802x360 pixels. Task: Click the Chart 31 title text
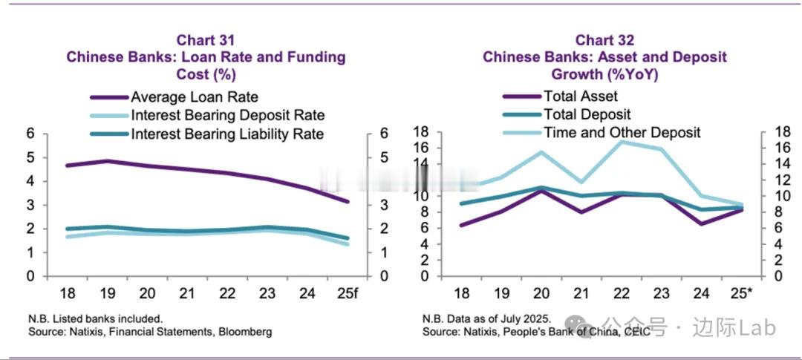point(206,39)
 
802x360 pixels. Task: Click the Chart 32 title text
point(604,39)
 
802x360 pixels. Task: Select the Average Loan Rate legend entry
point(195,96)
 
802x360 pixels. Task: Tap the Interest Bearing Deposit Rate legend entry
point(228,115)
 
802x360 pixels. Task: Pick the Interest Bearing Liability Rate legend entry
point(227,134)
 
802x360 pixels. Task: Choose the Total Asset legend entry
point(580,96)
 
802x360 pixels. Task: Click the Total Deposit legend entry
point(587,114)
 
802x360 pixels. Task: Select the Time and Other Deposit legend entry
point(622,133)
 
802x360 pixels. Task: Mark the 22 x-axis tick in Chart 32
point(622,291)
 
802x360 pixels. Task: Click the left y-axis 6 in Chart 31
point(31,134)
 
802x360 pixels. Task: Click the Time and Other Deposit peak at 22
point(622,142)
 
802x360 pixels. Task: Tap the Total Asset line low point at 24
point(702,223)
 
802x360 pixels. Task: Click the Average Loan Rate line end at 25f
point(347,201)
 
